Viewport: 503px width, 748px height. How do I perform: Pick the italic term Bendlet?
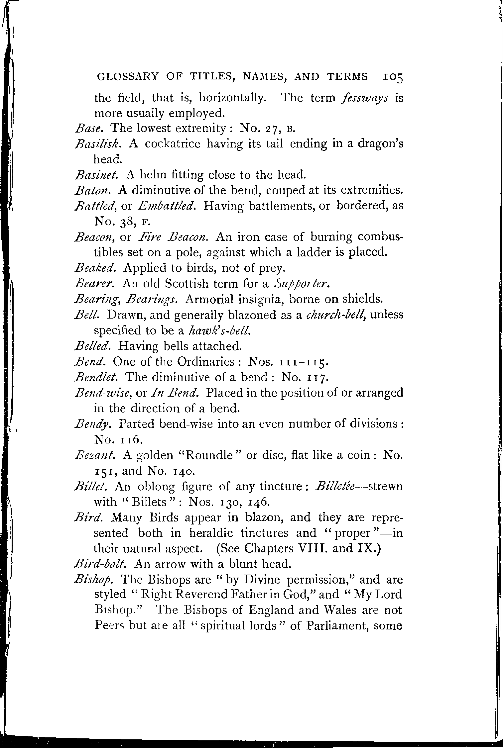(x=95, y=377)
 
